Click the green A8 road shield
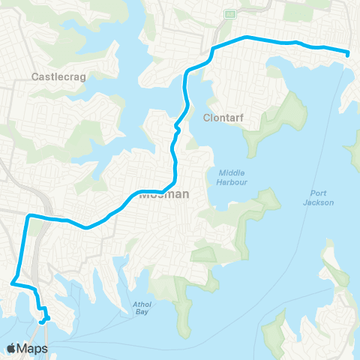click(x=229, y=13)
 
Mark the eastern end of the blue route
click(x=348, y=53)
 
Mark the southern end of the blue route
click(x=42, y=322)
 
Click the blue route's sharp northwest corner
click(x=28, y=217)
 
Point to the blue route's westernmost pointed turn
click(x=11, y=283)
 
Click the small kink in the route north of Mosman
click(x=177, y=129)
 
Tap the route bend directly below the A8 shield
click(x=214, y=49)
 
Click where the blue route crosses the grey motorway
click(x=46, y=218)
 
